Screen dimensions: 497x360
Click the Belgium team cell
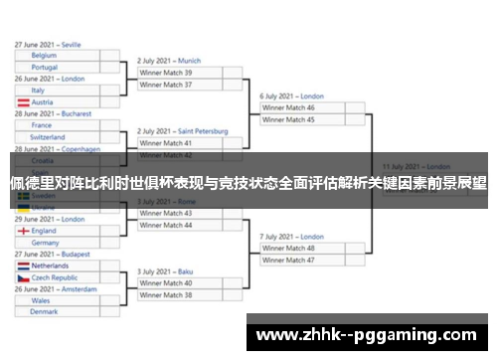tap(56, 56)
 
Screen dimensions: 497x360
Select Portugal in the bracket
tap(56, 67)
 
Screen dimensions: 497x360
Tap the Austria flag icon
tap(23, 102)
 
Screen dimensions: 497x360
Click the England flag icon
tap(23, 231)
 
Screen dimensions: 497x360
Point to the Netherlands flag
tap(23, 267)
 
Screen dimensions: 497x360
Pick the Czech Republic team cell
tap(56, 278)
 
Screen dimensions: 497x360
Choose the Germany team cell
tap(56, 243)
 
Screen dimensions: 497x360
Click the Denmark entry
tap(56, 311)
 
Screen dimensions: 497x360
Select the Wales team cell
tap(56, 300)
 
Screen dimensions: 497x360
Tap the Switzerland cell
tap(56, 137)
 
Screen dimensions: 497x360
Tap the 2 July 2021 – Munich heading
tap(169, 61)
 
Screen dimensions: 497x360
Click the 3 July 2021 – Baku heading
tap(166, 271)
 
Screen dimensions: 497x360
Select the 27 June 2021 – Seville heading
tap(48, 45)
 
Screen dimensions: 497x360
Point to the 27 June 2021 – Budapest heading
tap(52, 255)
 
